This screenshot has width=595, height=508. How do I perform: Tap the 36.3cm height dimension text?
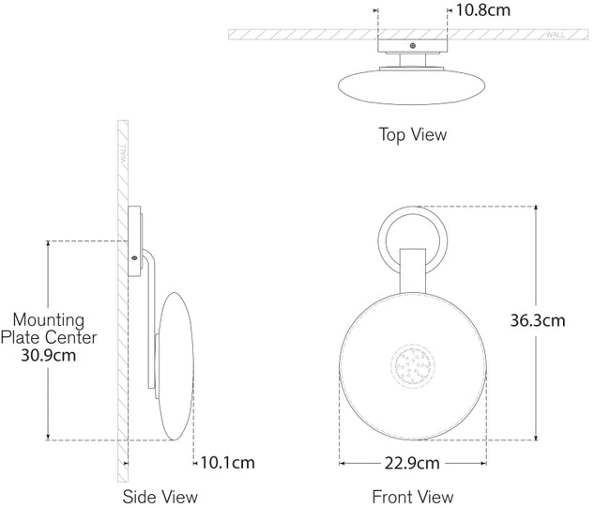[537, 320]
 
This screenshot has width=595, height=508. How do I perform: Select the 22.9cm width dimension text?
[412, 464]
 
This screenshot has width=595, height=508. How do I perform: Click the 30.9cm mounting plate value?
[48, 355]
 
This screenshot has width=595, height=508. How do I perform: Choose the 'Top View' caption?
[413, 134]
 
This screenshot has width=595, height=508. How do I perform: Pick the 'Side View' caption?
[160, 497]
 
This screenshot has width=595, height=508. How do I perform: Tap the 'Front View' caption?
[413, 497]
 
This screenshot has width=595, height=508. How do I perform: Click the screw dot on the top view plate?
[412, 45]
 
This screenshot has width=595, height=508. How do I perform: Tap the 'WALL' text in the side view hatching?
[121, 155]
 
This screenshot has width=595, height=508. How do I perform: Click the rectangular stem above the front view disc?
[413, 271]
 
